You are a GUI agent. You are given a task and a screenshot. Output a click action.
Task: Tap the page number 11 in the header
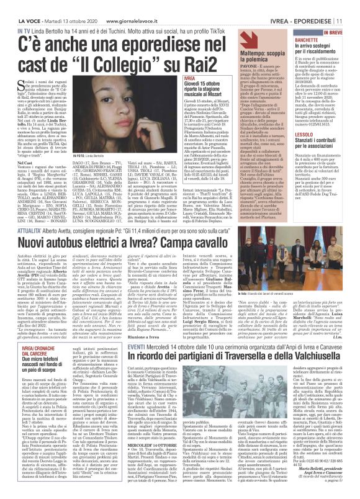tap(352, 6)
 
